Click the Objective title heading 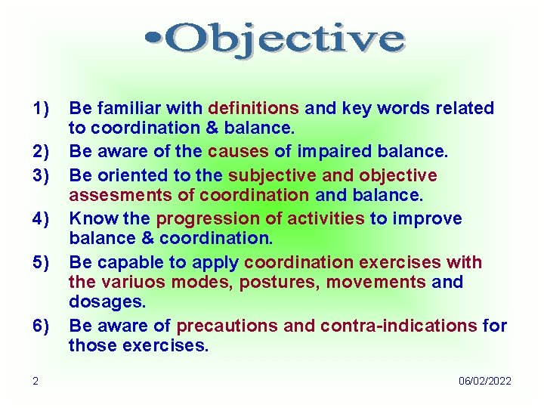(274, 39)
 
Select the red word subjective (272, 175)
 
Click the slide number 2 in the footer (35, 381)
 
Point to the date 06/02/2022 (484, 381)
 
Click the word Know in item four (88, 219)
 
